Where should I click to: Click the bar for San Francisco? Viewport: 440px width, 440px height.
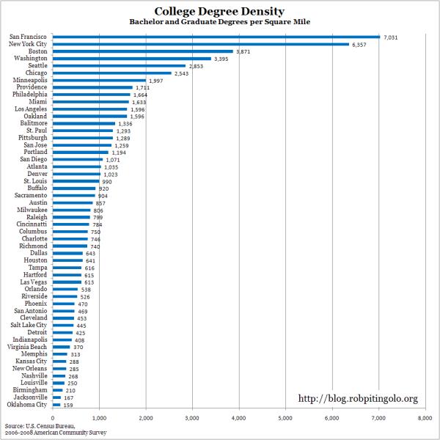pos(216,37)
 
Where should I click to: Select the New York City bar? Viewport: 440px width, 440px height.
pos(201,44)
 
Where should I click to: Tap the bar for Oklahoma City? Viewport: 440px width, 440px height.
pos(56,405)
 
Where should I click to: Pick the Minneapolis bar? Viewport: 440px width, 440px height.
pos(99,80)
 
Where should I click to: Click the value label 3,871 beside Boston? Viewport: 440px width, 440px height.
pos(243,52)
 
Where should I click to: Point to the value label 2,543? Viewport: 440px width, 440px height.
pos(182,74)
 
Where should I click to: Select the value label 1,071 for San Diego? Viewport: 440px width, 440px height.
pos(113,160)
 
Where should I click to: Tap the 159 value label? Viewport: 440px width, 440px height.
pos(68,406)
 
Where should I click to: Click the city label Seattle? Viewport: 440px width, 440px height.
pos(37,65)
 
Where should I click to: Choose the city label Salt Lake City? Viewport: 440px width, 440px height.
pos(29,325)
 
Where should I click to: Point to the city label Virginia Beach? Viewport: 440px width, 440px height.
pos(27,347)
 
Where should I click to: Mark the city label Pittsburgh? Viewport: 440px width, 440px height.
pos(33,138)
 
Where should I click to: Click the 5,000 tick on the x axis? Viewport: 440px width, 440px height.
pos(285,419)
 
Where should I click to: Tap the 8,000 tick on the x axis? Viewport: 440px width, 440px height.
pos(425,419)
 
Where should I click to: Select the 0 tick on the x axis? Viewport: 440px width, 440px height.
pos(53,419)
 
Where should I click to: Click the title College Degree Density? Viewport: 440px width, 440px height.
pos(219,12)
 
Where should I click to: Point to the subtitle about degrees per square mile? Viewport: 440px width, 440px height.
pos(220,22)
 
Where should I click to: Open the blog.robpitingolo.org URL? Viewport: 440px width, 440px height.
pos(358,398)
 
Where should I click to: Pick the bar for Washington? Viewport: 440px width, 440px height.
pos(132,59)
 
